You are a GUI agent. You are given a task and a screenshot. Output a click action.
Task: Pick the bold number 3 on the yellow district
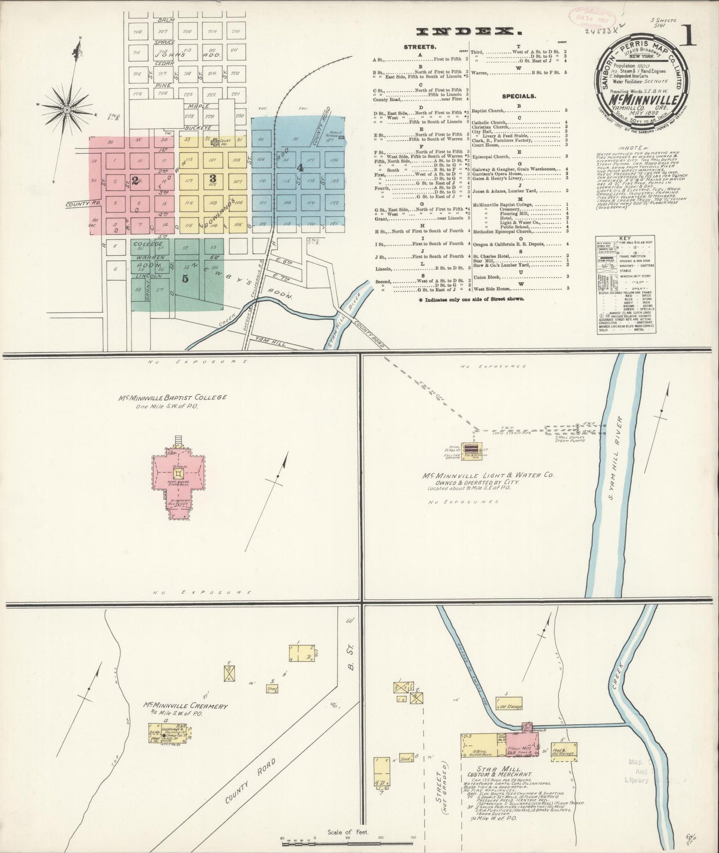[212, 178]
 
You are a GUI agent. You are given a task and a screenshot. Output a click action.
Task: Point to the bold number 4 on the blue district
[300, 168]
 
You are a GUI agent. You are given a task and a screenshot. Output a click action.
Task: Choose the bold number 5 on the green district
[185, 279]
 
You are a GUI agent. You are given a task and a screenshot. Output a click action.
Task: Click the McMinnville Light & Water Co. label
[488, 476]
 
